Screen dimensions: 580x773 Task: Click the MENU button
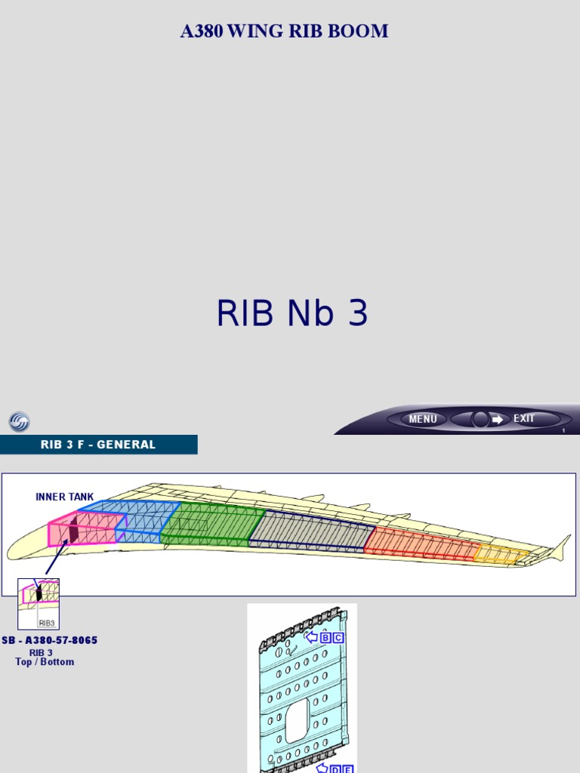pos(422,419)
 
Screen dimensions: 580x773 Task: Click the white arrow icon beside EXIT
pos(498,419)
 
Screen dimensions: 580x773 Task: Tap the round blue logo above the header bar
pos(19,422)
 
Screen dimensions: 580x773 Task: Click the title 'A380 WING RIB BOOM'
pos(284,32)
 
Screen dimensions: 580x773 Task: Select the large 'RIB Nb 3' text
pos(292,314)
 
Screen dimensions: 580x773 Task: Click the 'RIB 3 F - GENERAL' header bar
pos(98,445)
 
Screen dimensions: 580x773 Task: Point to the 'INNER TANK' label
pos(65,497)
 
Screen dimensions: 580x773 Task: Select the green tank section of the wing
pos(211,524)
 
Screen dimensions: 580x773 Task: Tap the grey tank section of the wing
pos(310,532)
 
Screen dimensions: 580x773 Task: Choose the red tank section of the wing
pos(419,544)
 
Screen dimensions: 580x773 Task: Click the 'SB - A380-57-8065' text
pos(49,641)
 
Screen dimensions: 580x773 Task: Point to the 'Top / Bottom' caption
pos(45,662)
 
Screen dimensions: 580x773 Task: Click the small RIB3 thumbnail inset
pos(39,603)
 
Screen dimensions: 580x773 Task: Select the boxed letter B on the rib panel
pos(325,637)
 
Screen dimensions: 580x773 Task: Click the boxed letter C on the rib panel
pos(338,637)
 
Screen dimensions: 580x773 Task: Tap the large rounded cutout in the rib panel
pos(297,719)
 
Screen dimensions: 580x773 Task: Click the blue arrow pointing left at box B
pos(311,637)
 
